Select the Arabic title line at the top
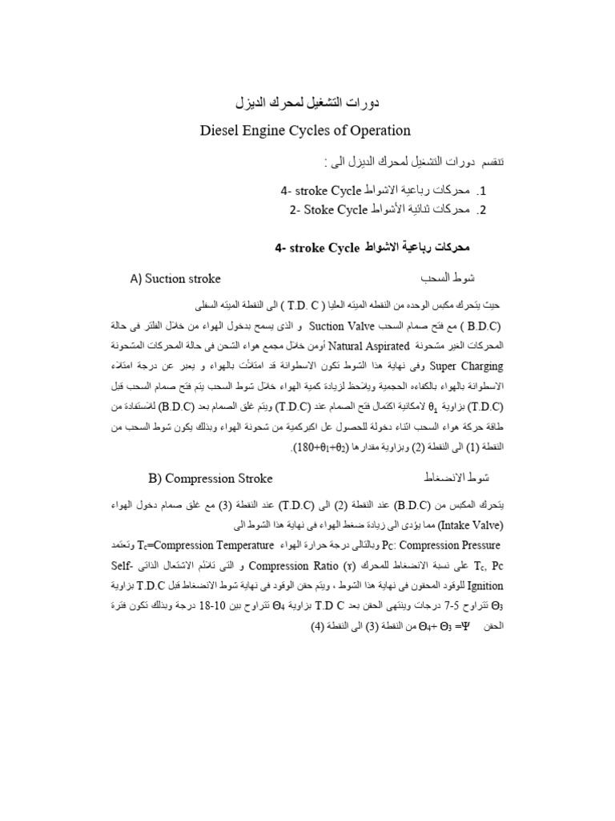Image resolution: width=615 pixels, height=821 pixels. click(307, 102)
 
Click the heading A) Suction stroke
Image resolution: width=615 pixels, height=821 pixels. click(175, 279)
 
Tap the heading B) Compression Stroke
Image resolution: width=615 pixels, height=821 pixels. click(211, 479)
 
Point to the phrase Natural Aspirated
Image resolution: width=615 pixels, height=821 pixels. click(369, 346)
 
